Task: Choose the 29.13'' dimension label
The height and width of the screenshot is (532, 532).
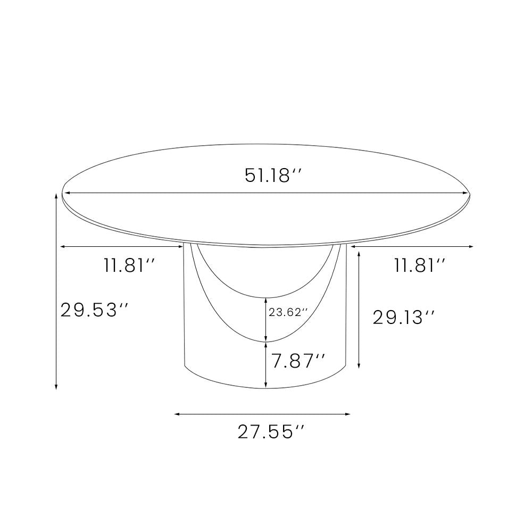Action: [x=404, y=318]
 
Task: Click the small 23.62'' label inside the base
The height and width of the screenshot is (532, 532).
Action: [x=288, y=313]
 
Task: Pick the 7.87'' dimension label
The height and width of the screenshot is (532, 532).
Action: [x=298, y=361]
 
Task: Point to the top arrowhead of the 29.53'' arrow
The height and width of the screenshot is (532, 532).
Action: [x=56, y=196]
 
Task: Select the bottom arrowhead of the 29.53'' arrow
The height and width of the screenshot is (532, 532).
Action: [x=56, y=387]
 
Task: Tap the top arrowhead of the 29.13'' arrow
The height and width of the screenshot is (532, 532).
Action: [x=360, y=254]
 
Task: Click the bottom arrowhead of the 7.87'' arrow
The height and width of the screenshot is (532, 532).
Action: [x=266, y=386]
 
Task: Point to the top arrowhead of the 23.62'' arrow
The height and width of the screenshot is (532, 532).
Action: [x=266, y=300]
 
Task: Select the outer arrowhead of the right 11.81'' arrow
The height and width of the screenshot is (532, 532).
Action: [x=471, y=246]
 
